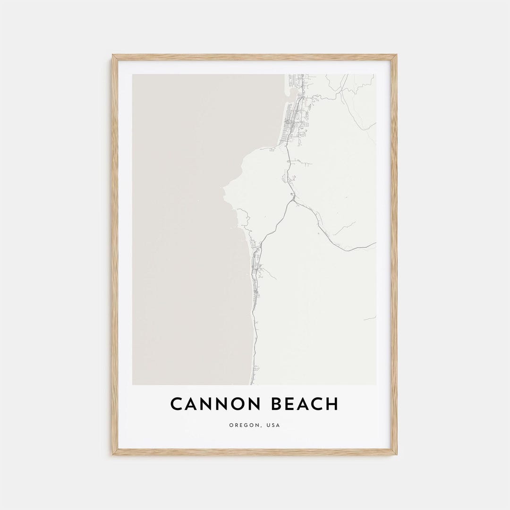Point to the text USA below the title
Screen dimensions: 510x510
pyautogui.click(x=273, y=425)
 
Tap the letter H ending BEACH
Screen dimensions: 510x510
pyautogui.click(x=332, y=404)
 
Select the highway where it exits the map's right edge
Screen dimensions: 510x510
pyautogui.click(x=375, y=244)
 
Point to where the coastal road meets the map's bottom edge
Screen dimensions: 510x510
pyautogui.click(x=256, y=384)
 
